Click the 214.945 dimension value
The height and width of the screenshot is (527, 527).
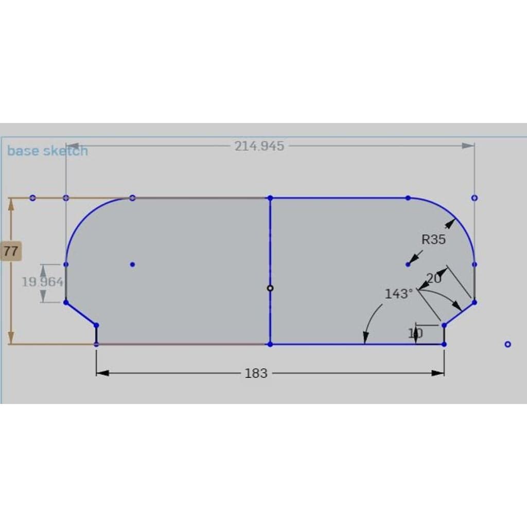pyautogui.click(x=259, y=146)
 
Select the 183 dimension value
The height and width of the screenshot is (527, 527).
pyautogui.click(x=256, y=374)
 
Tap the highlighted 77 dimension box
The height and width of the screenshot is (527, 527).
pyautogui.click(x=11, y=251)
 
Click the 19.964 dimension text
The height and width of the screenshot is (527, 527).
pyautogui.click(x=43, y=282)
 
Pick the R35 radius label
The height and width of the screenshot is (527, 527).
pyautogui.click(x=433, y=239)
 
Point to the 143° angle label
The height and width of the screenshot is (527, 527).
pyautogui.click(x=399, y=294)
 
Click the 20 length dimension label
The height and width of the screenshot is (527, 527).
pyautogui.click(x=433, y=278)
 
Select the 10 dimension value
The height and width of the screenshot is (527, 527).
pyautogui.click(x=415, y=333)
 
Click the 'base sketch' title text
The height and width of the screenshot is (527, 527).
pyautogui.click(x=47, y=151)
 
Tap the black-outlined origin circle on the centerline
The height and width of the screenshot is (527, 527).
pyautogui.click(x=270, y=288)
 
